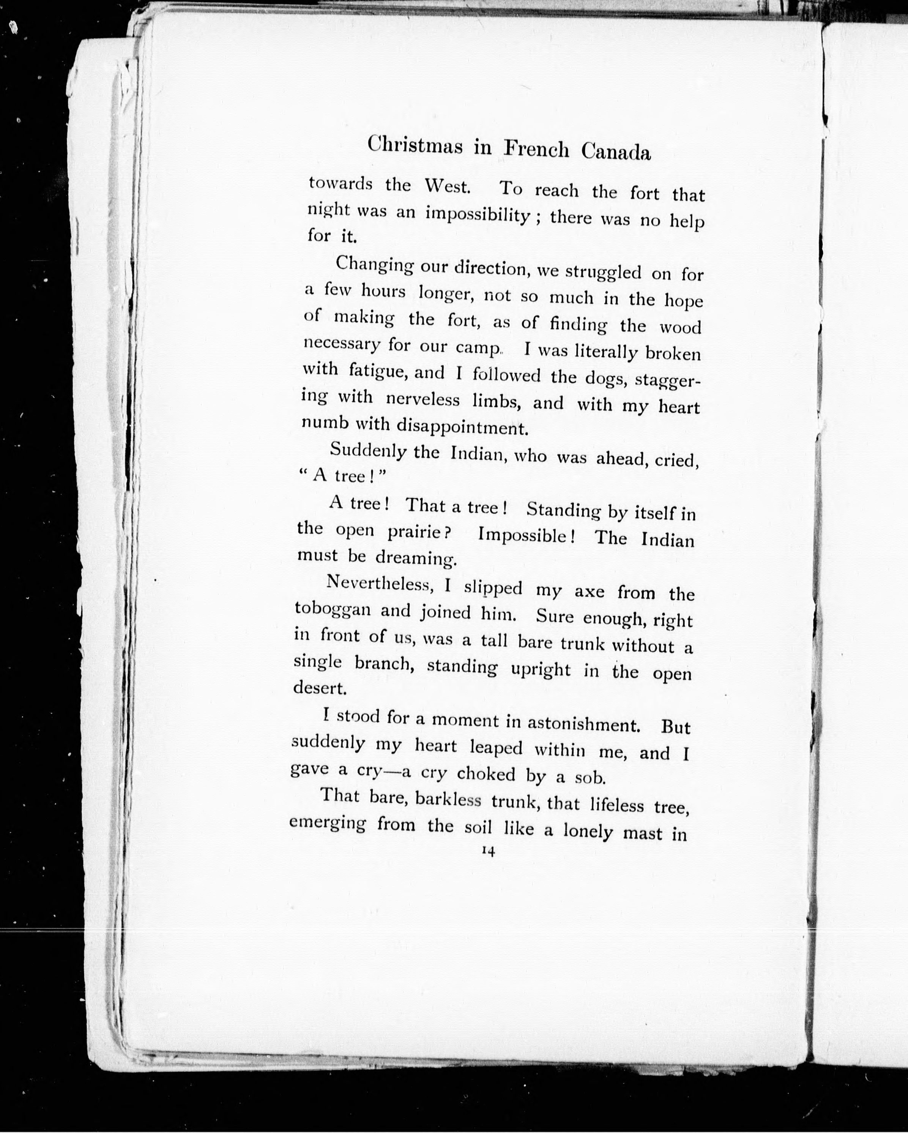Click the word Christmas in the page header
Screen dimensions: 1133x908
tap(415, 145)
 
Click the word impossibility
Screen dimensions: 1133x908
tap(477, 215)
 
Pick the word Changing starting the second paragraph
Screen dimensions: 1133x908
tap(375, 264)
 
